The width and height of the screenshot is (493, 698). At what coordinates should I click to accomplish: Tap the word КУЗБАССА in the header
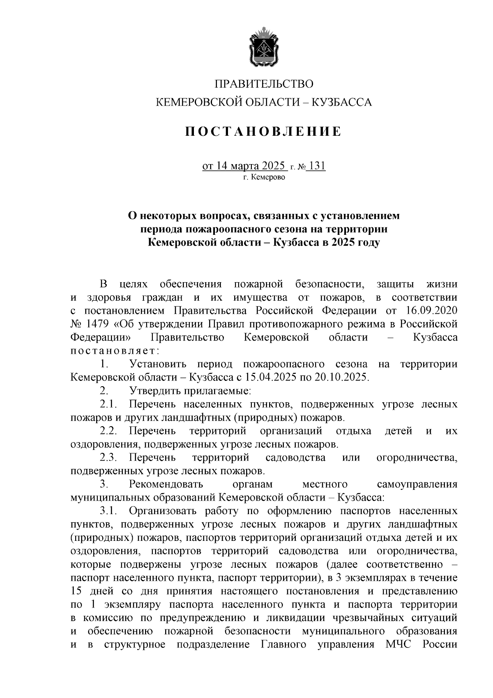tap(342, 102)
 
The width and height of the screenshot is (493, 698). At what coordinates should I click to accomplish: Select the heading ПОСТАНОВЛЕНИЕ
tap(263, 132)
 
